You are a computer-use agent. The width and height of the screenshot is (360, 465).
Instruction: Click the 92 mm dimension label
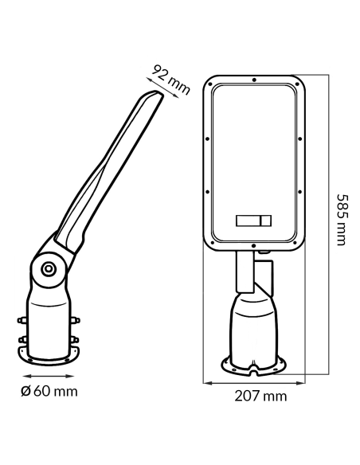click(171, 80)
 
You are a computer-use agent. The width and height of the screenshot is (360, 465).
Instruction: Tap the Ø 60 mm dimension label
click(49, 391)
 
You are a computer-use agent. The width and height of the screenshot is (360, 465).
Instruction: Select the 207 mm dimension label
click(260, 396)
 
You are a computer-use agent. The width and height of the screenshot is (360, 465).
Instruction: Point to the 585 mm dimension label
click(342, 220)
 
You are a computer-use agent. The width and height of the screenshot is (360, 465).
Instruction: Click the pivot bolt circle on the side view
click(48, 269)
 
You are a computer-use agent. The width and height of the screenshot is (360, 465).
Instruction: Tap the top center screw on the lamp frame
click(254, 80)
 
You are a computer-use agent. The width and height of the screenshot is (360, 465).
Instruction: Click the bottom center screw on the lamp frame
click(253, 246)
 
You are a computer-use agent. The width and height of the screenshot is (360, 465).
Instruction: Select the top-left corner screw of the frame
click(210, 84)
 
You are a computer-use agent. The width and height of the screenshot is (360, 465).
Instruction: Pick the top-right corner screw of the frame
click(297, 84)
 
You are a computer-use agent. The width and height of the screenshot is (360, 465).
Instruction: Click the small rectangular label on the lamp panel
click(253, 221)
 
